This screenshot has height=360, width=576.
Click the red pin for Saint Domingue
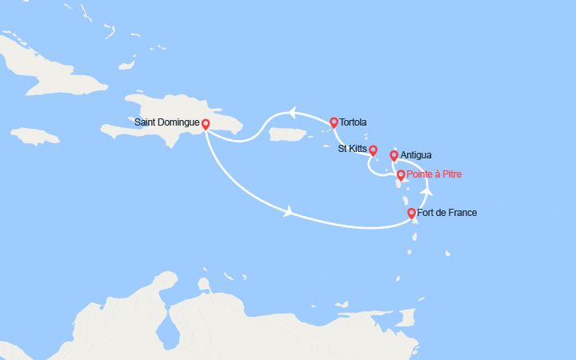206,124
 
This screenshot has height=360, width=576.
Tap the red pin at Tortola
334,122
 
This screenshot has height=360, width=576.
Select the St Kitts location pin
373,150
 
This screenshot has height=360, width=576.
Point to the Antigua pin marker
394,155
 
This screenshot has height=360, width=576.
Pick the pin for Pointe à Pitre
401,174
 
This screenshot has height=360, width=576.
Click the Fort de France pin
411,213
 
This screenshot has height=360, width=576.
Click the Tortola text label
353,123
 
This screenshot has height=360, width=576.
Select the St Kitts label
353,149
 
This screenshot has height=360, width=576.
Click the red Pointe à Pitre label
434,174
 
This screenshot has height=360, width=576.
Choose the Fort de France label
447,213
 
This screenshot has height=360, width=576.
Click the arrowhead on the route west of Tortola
293,114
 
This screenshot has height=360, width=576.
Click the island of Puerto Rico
289,136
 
